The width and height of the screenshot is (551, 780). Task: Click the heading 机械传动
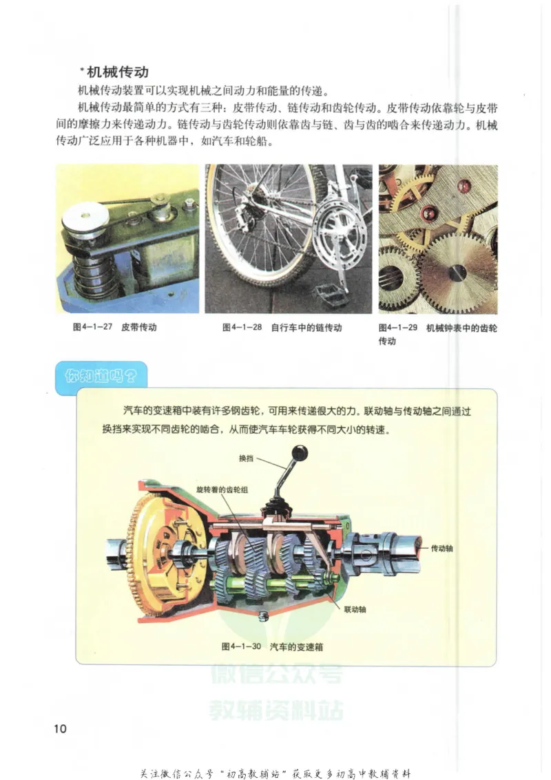click(x=118, y=72)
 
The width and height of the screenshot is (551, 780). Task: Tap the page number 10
click(x=60, y=729)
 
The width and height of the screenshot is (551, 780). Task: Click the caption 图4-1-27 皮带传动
click(x=114, y=328)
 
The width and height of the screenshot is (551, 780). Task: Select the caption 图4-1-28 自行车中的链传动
click(x=282, y=328)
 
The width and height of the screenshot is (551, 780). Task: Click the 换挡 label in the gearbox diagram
click(x=247, y=458)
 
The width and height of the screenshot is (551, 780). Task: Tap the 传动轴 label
click(x=442, y=549)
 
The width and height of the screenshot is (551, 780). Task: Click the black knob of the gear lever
click(x=300, y=453)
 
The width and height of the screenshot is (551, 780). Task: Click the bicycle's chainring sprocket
click(x=337, y=238)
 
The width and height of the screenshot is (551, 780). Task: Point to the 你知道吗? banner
click(x=101, y=376)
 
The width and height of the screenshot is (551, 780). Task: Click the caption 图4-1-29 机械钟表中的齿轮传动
click(x=437, y=333)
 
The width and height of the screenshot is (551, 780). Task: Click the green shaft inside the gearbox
click(x=275, y=586)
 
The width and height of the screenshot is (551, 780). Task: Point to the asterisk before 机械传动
click(x=82, y=69)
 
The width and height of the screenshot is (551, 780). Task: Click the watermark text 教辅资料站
click(x=275, y=709)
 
